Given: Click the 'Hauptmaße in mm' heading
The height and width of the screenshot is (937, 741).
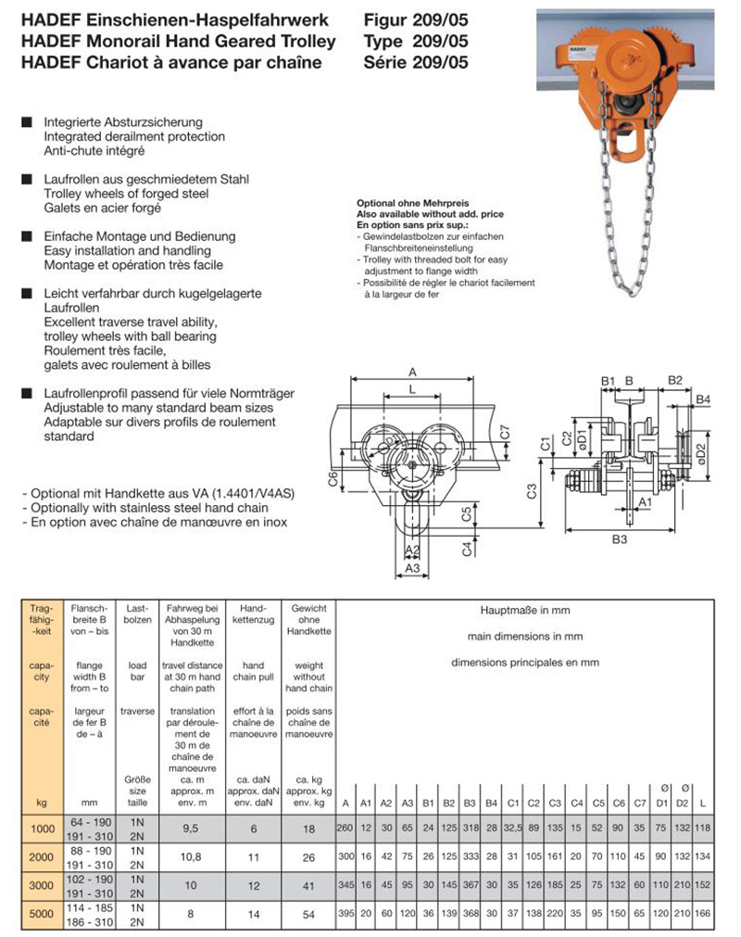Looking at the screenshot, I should pos(525,611).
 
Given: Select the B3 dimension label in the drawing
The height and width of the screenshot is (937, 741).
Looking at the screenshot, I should pos(620,538).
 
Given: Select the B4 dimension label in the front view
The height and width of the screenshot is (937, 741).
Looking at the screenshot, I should pos(703,399).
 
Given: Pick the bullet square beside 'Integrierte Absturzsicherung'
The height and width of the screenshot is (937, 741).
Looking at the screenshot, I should pos(26,122).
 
